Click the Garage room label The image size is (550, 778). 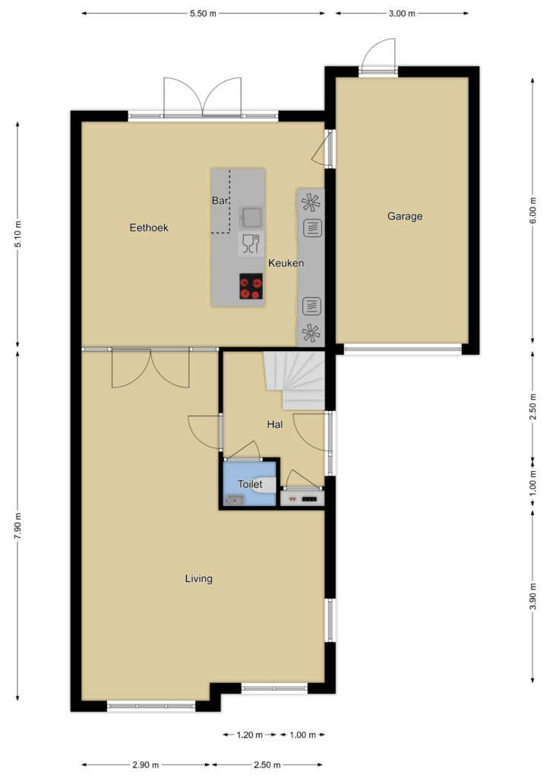tap(405, 217)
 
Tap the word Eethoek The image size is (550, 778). tap(149, 228)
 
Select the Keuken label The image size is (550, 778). tap(286, 263)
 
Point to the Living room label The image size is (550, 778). tap(198, 578)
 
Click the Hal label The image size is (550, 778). tap(275, 424)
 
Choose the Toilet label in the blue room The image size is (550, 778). tap(250, 484)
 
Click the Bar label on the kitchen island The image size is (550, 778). tap(220, 201)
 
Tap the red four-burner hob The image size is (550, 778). tap(251, 286)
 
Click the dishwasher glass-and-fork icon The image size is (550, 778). tap(251, 244)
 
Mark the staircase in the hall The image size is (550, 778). tap(295, 381)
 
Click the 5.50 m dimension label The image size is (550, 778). tap(203, 14)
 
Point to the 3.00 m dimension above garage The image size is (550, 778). tap(402, 14)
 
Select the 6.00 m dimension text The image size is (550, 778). tap(533, 210)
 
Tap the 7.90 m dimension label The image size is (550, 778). tap(18, 526)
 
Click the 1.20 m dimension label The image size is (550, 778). tap(249, 735)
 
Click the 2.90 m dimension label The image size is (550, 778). tap(146, 765)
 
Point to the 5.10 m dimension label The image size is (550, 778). tap(18, 234)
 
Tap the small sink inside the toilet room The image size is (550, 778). tap(234, 500)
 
